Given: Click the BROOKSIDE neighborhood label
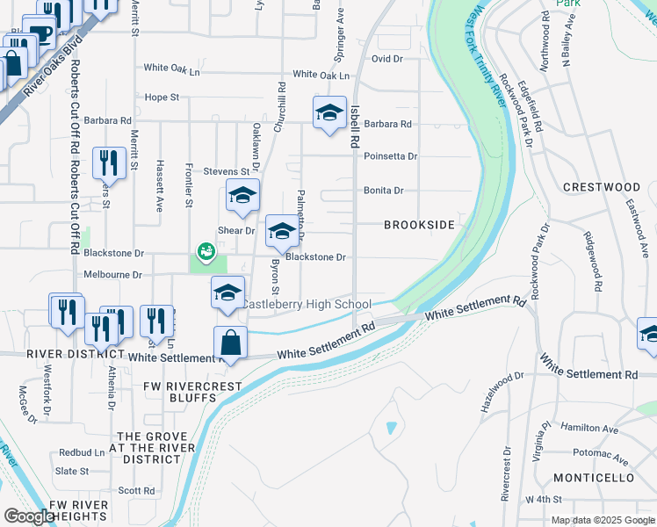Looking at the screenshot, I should (x=419, y=225).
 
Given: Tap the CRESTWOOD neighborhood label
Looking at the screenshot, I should (x=602, y=187).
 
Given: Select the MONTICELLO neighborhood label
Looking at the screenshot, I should (x=594, y=478).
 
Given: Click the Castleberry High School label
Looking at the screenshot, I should (x=307, y=304).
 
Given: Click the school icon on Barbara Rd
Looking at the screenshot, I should (x=329, y=113).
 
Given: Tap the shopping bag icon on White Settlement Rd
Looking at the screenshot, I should (x=230, y=343).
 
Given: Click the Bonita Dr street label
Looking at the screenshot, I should (x=383, y=190).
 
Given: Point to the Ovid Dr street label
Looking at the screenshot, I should (x=386, y=59).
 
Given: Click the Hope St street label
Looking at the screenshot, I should (x=162, y=97).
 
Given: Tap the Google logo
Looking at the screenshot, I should (x=28, y=516).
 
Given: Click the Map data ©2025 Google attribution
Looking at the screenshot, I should (x=602, y=520).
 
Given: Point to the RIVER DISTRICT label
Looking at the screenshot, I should (x=61, y=354).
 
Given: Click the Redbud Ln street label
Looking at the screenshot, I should (x=82, y=452).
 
